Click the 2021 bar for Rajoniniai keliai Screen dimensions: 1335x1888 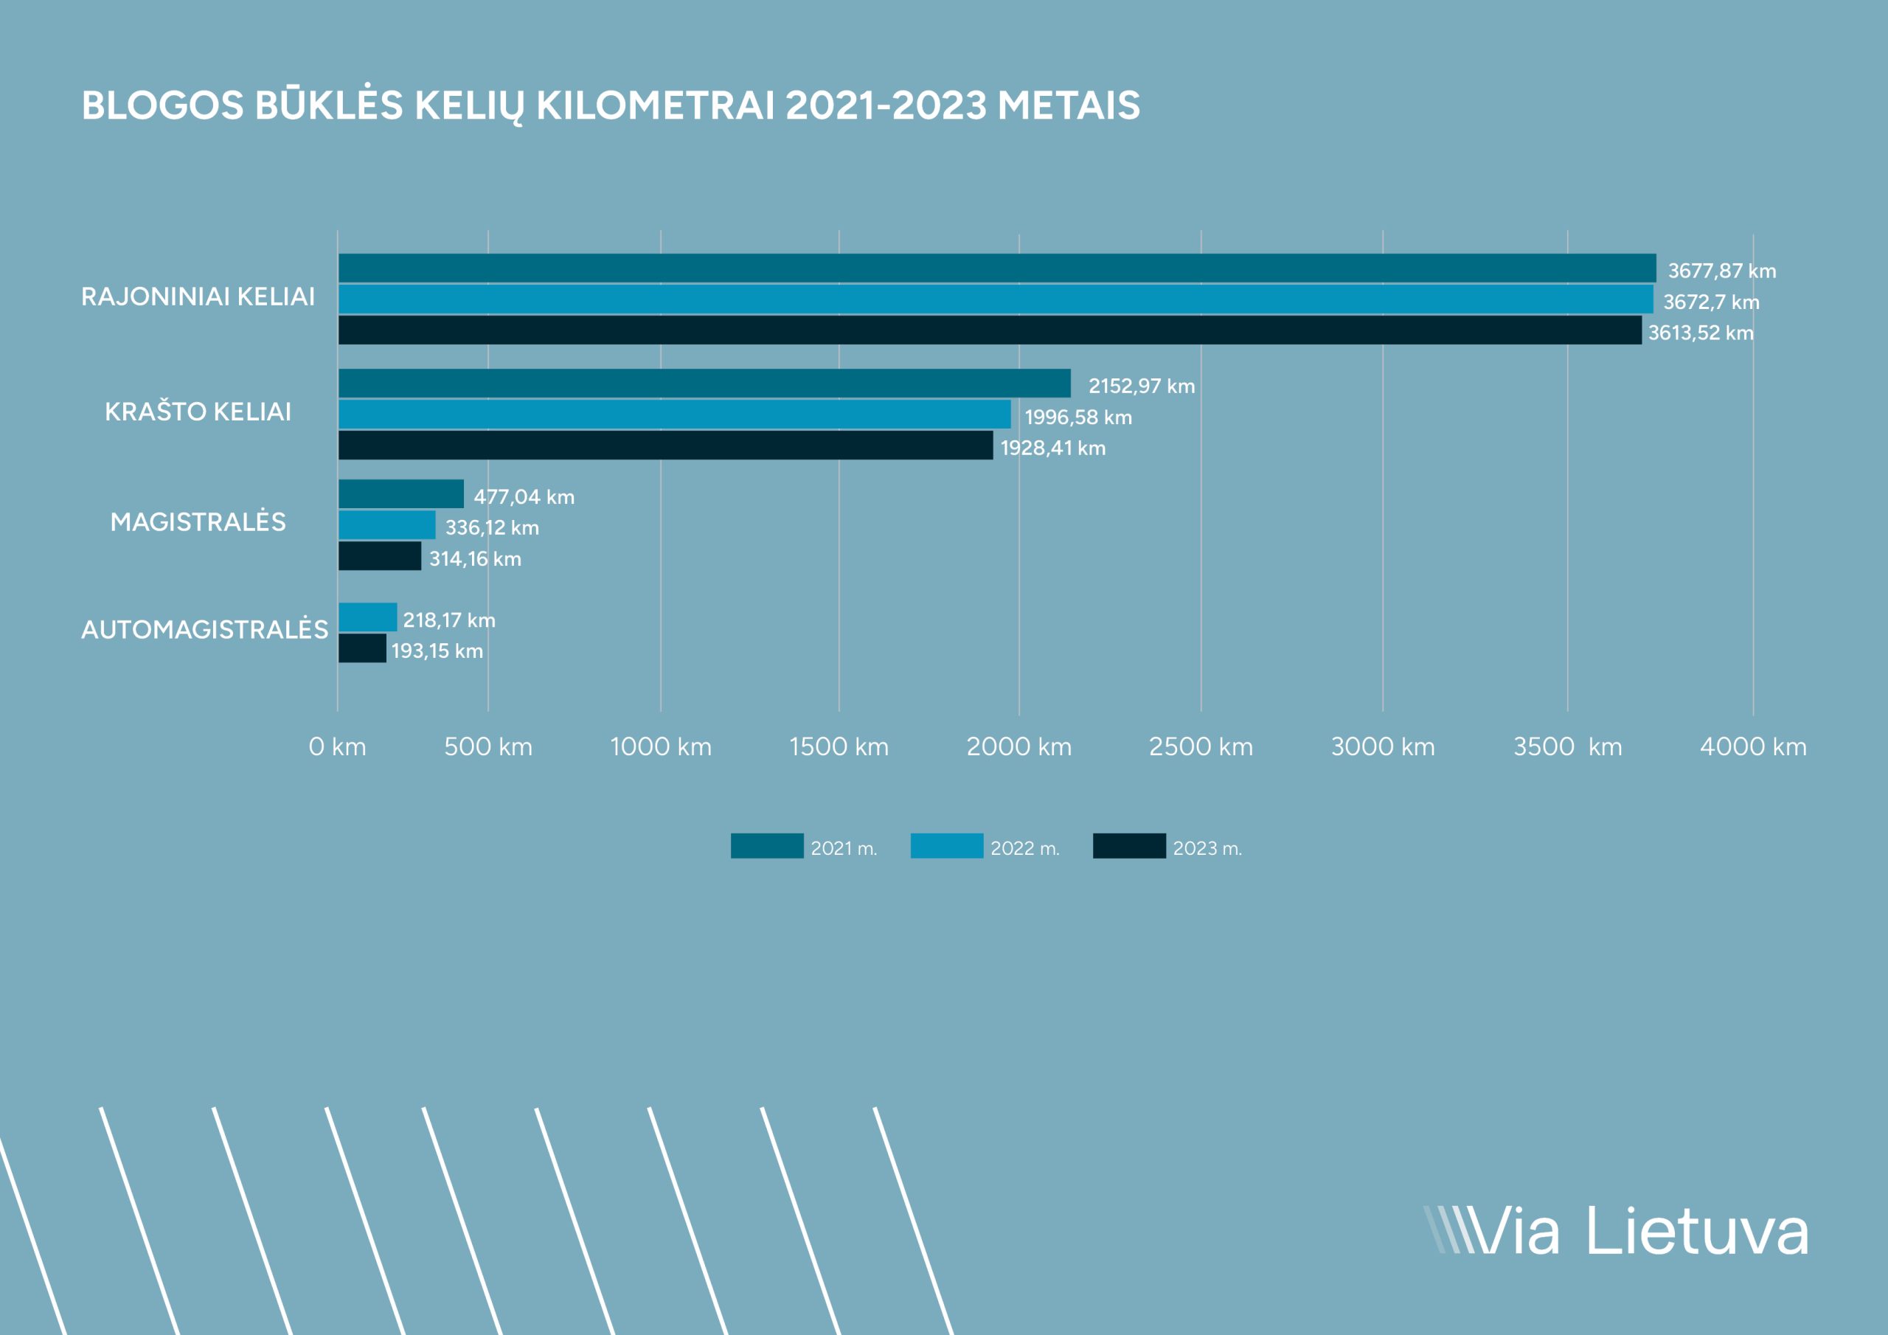[x=996, y=268]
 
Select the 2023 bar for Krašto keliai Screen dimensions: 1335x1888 [x=665, y=445]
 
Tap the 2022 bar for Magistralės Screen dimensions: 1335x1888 [x=386, y=525]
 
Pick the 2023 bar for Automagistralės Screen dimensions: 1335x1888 [x=362, y=648]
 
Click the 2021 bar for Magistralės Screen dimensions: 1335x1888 [x=401, y=493]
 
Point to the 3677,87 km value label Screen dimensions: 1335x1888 [x=1721, y=271]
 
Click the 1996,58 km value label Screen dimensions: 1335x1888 [x=1078, y=417]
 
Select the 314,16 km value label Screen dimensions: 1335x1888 [x=475, y=559]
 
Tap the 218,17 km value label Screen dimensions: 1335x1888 [x=449, y=620]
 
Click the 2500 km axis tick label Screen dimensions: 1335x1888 [x=1201, y=747]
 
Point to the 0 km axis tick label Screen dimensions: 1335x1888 [x=337, y=747]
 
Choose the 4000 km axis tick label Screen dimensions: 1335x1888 [x=1753, y=747]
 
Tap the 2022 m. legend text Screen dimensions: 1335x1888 [x=1024, y=848]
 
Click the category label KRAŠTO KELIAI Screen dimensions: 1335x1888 [x=198, y=412]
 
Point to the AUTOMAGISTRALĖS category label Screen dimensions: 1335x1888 [x=205, y=629]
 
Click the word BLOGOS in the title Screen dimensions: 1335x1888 [x=163, y=105]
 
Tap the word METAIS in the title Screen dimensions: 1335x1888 [x=1069, y=105]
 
